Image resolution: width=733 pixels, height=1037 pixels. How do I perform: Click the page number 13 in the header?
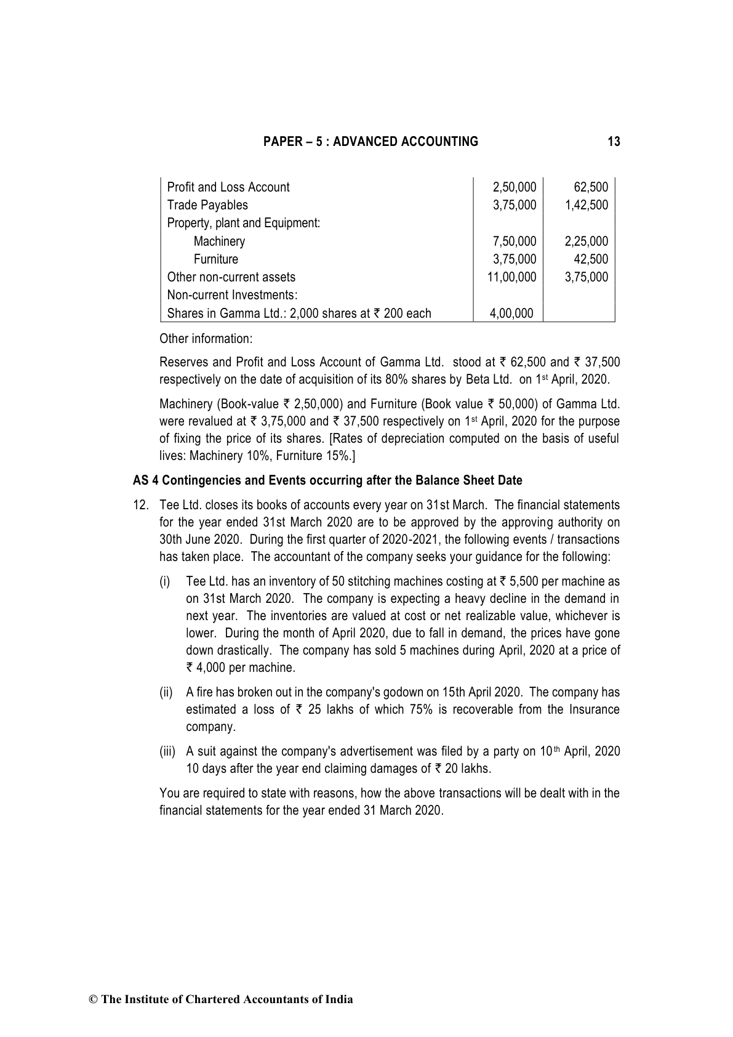click(x=614, y=142)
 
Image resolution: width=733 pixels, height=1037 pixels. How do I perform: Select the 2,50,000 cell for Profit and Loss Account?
click(x=515, y=187)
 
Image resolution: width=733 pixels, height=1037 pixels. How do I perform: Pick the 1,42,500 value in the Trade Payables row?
click(x=586, y=205)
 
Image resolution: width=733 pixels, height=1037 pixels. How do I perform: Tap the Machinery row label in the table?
click(x=219, y=241)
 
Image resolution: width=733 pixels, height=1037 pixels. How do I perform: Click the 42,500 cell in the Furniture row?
click(x=590, y=259)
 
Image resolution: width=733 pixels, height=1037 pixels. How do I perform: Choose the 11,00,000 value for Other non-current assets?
click(x=511, y=277)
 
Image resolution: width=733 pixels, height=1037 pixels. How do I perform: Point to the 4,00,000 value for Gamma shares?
click(x=511, y=313)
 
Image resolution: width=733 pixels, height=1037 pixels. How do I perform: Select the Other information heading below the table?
click(x=206, y=339)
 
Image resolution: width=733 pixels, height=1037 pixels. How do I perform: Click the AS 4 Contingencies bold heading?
click(x=327, y=480)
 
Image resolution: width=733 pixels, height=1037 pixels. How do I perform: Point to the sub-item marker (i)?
click(x=165, y=581)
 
